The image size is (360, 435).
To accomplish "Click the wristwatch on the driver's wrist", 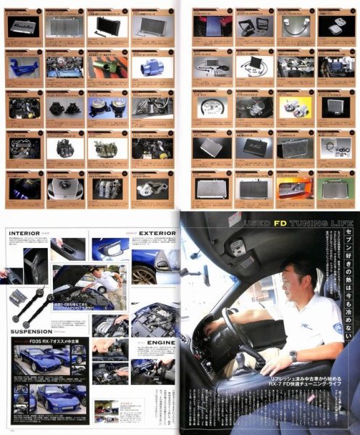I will click(292, 356).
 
